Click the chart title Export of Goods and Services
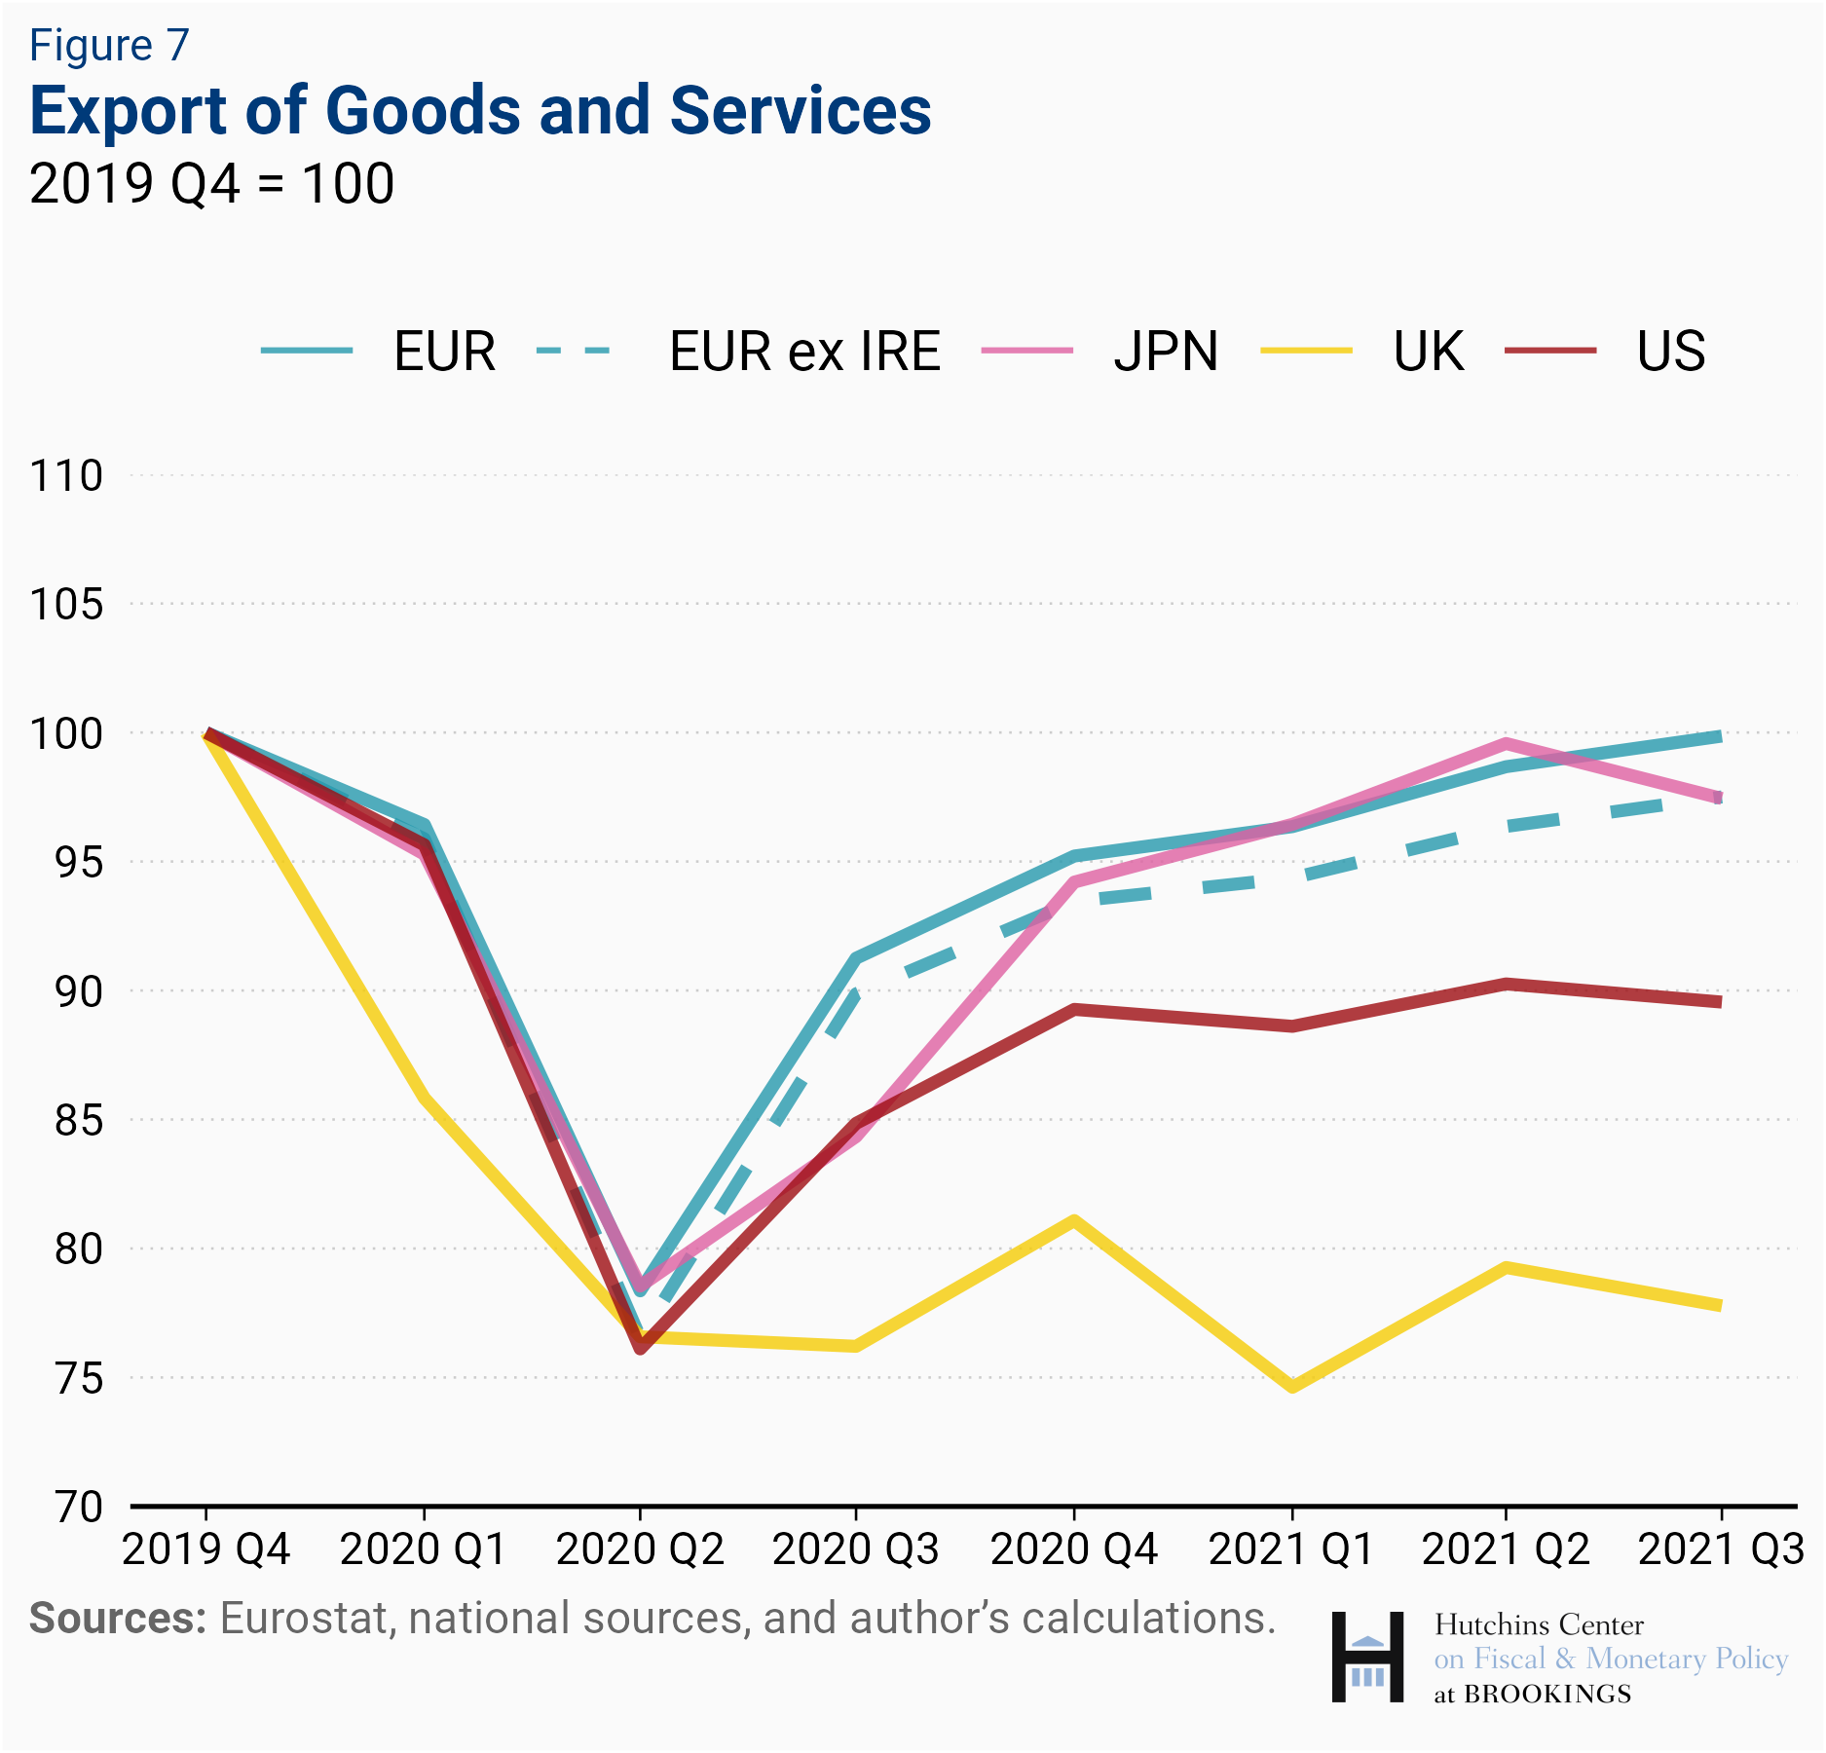click(x=480, y=110)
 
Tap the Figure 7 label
click(x=109, y=46)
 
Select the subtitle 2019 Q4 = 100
click(x=211, y=183)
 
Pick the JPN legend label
click(x=1166, y=352)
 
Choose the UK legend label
click(x=1428, y=352)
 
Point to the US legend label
click(x=1671, y=352)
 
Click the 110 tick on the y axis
click(x=66, y=476)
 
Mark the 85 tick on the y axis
click(x=78, y=1120)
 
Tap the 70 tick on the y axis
click(x=78, y=1507)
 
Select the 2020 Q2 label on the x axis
click(x=640, y=1549)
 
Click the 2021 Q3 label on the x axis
click(x=1721, y=1549)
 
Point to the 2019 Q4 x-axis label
click(x=206, y=1549)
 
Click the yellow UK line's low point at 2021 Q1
click(x=1292, y=1387)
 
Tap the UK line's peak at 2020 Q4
click(x=1073, y=1220)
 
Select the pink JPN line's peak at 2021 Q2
click(x=1506, y=744)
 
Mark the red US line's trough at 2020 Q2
click(x=640, y=1349)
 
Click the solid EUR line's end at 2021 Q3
click(x=1720, y=736)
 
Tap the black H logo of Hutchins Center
click(x=1367, y=1657)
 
